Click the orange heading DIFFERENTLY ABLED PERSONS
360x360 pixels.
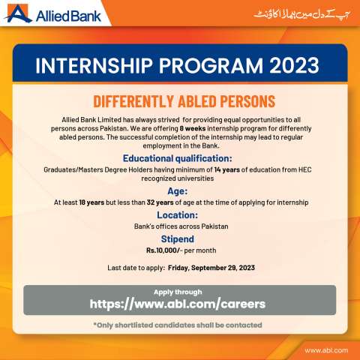tap(179, 101)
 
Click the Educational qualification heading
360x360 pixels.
tap(179, 158)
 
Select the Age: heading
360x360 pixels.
tap(179, 191)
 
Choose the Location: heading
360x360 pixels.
tap(179, 214)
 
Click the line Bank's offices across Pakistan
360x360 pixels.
tap(179, 226)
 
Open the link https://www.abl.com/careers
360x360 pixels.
tap(179, 304)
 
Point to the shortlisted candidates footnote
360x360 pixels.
tap(179, 325)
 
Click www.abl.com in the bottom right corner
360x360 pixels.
tap(326, 349)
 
